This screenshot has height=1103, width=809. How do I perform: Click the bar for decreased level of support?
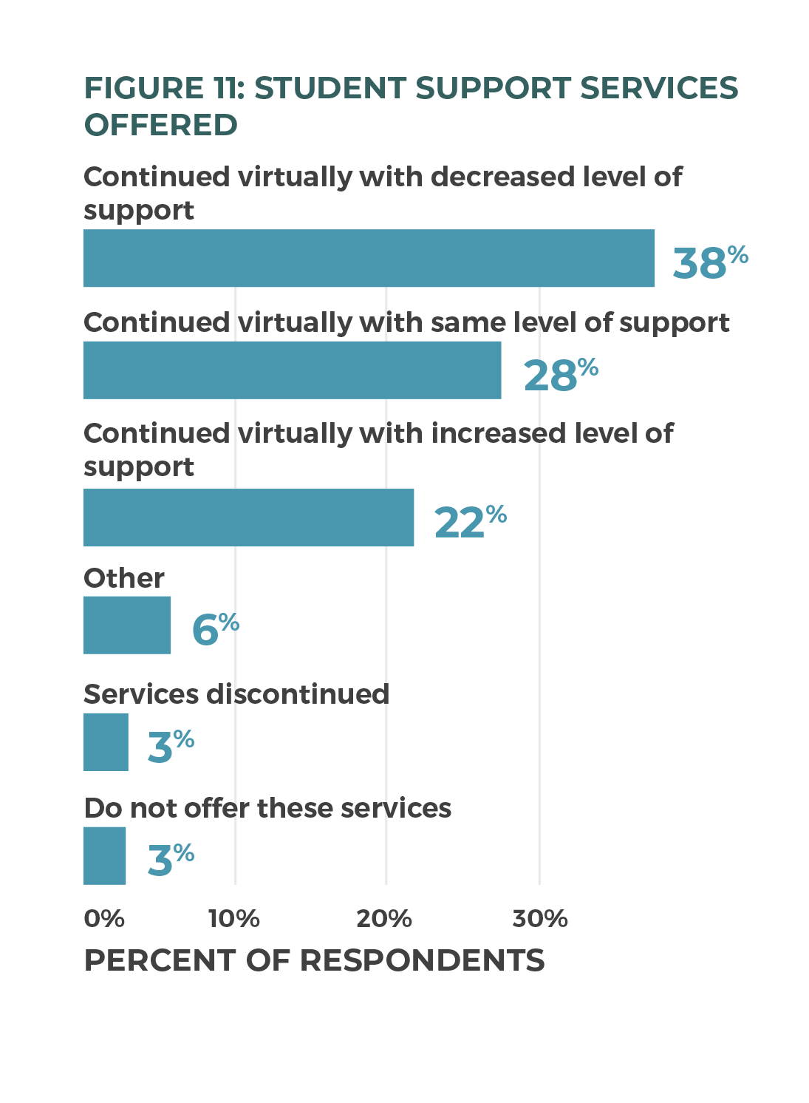[369, 258]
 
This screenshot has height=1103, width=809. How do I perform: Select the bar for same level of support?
[292, 370]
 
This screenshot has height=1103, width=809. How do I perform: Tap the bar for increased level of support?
[248, 517]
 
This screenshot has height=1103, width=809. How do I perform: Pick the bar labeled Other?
[127, 625]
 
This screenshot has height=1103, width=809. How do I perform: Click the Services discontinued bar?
[106, 742]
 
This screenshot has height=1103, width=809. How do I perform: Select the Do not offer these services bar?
[104, 856]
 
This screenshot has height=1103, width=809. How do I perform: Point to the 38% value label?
[709, 262]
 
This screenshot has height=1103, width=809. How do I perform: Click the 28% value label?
[560, 374]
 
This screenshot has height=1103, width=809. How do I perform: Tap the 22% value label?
[470, 521]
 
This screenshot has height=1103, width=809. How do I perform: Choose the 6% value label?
[215, 629]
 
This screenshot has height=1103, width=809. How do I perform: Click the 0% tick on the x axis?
[104, 918]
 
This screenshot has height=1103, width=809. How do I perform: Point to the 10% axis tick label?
[234, 918]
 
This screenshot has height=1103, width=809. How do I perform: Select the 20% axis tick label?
[384, 918]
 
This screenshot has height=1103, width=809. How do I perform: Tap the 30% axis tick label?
[540, 918]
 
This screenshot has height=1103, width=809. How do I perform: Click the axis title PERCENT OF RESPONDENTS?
[314, 960]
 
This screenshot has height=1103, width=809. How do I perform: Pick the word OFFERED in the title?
[160, 125]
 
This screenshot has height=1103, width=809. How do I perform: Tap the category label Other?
[123, 578]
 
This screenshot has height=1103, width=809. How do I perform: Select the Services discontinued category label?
[236, 694]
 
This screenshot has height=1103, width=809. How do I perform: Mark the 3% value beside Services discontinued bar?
[171, 745]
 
